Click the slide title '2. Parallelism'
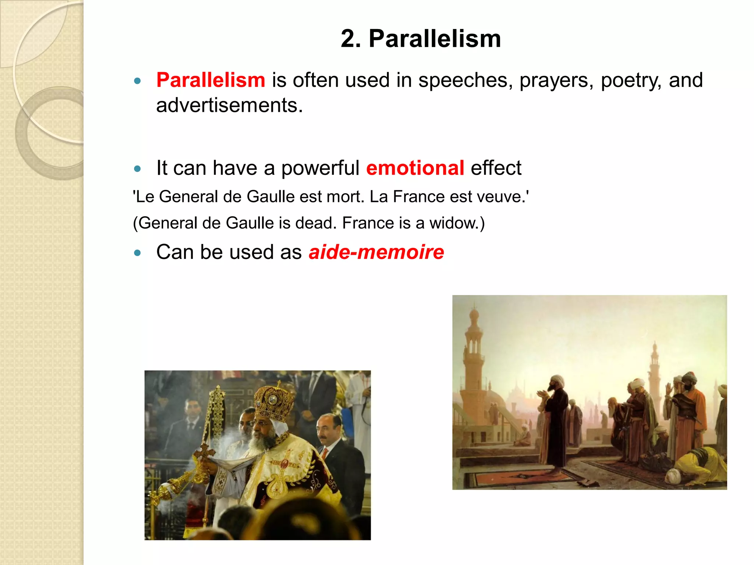(420, 39)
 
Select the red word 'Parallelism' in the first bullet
(211, 80)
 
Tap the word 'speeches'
(465, 80)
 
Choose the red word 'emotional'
(415, 168)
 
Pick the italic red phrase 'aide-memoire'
(376, 252)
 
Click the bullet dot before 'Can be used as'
(137, 253)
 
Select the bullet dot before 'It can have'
(137, 169)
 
